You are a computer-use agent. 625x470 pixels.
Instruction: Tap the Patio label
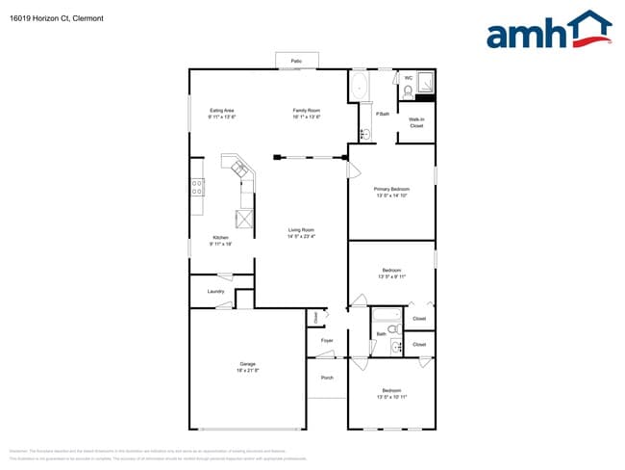pyautogui.click(x=297, y=62)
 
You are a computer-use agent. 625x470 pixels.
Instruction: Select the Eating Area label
pyautogui.click(x=222, y=111)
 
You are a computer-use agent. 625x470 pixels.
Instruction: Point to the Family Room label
pyautogui.click(x=306, y=111)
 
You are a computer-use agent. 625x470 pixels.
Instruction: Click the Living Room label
pyautogui.click(x=302, y=229)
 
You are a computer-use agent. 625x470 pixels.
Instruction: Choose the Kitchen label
pyautogui.click(x=221, y=238)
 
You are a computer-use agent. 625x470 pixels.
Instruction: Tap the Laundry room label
pyautogui.click(x=215, y=291)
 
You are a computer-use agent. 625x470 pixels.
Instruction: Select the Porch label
pyautogui.click(x=327, y=377)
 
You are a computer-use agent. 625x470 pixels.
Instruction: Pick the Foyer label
pyautogui.click(x=327, y=340)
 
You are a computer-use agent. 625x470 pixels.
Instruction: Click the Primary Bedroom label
pyautogui.click(x=391, y=189)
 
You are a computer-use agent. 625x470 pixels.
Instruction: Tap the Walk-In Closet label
pyautogui.click(x=416, y=122)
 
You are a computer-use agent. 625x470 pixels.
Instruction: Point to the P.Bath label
pyautogui.click(x=382, y=114)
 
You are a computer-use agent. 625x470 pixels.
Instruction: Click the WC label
pyautogui.click(x=408, y=78)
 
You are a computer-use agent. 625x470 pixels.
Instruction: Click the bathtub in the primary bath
pyautogui.click(x=360, y=86)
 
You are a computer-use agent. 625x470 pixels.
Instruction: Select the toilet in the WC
pyautogui.click(x=408, y=91)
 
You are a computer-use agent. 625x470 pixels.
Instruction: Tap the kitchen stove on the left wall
pyautogui.click(x=197, y=187)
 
